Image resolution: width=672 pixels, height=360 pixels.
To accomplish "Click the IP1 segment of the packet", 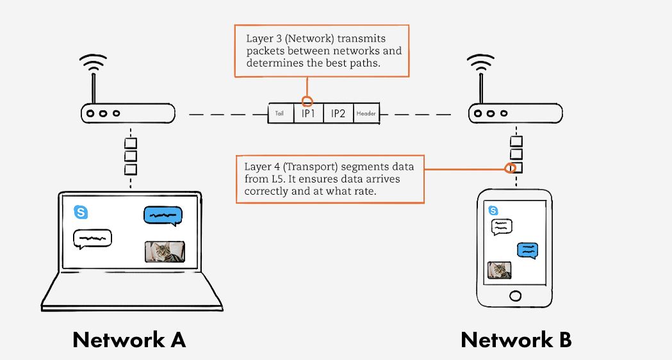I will tap(308, 114).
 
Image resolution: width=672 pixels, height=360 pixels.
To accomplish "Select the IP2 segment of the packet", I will tap(338, 114).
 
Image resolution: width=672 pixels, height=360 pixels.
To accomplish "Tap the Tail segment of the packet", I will tap(280, 114).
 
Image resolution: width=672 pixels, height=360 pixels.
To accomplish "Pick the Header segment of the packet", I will tap(366, 114).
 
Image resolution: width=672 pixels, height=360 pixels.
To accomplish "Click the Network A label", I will tap(129, 340).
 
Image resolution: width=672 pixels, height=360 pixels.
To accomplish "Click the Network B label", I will tap(516, 340).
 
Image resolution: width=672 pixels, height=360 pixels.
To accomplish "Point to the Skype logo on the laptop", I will tap(81, 212).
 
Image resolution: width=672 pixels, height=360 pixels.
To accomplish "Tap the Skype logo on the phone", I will tap(493, 210).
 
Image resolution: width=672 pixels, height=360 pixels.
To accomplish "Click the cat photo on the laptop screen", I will tap(165, 252).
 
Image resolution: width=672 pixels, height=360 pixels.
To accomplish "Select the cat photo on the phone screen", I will tap(500, 270).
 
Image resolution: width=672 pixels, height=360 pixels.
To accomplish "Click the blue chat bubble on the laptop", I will tap(163, 216).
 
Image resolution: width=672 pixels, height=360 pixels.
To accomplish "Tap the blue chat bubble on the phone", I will tap(527, 250).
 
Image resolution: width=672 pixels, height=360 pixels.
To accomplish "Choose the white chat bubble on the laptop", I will tap(92, 238).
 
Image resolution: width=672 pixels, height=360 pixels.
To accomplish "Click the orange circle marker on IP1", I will tap(307, 101).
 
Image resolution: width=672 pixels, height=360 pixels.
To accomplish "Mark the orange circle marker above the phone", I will tap(511, 169).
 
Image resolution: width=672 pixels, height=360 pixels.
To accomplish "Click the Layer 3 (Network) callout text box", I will tap(322, 51).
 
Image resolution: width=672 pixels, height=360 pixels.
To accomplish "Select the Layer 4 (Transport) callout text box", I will tap(330, 179).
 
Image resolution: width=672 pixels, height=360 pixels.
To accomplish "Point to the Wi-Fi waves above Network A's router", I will tap(93, 63).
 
